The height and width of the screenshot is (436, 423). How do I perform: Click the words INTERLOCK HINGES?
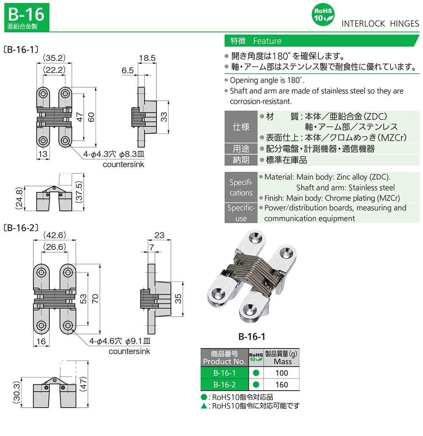coord(380,24)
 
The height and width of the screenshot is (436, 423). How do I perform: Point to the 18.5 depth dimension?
coord(147,58)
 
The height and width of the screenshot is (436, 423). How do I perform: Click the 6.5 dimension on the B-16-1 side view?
coord(127,71)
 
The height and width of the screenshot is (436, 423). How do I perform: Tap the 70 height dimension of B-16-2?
coord(96,299)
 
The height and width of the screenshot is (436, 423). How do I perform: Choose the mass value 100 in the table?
coord(281,373)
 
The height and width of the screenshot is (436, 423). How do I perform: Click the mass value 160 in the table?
coord(281,385)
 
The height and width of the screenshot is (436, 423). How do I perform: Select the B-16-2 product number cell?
coord(224,385)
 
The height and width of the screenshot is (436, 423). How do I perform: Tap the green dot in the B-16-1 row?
coord(255,373)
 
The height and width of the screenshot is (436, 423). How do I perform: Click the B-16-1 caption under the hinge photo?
coord(252,337)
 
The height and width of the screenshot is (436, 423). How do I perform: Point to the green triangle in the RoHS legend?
coord(204,406)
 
